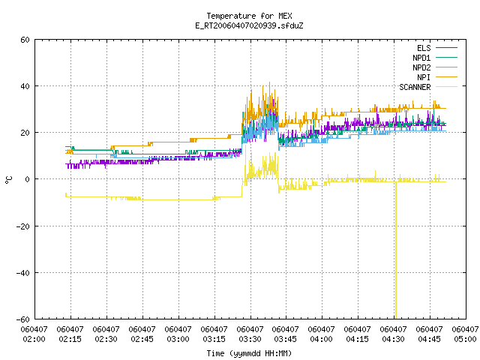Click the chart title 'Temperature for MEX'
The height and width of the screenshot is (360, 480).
(249, 16)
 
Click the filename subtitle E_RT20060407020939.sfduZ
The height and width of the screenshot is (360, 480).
(249, 25)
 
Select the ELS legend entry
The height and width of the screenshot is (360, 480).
(437, 48)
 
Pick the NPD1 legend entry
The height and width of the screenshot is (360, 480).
(435, 58)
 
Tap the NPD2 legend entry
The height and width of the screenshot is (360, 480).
(435, 67)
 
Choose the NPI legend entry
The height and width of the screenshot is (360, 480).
(437, 77)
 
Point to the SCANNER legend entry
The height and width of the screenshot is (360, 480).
(428, 87)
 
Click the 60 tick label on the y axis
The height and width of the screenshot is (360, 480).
(25, 40)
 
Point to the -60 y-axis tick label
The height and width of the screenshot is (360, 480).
(23, 319)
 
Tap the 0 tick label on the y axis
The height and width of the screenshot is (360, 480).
(28, 179)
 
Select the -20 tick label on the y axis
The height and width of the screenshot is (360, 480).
(23, 226)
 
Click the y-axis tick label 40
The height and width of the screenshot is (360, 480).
(25, 86)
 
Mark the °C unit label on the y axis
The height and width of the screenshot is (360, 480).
(9, 180)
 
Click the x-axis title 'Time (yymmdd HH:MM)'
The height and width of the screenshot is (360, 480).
(249, 353)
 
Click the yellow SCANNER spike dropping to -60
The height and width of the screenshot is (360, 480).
(396, 250)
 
